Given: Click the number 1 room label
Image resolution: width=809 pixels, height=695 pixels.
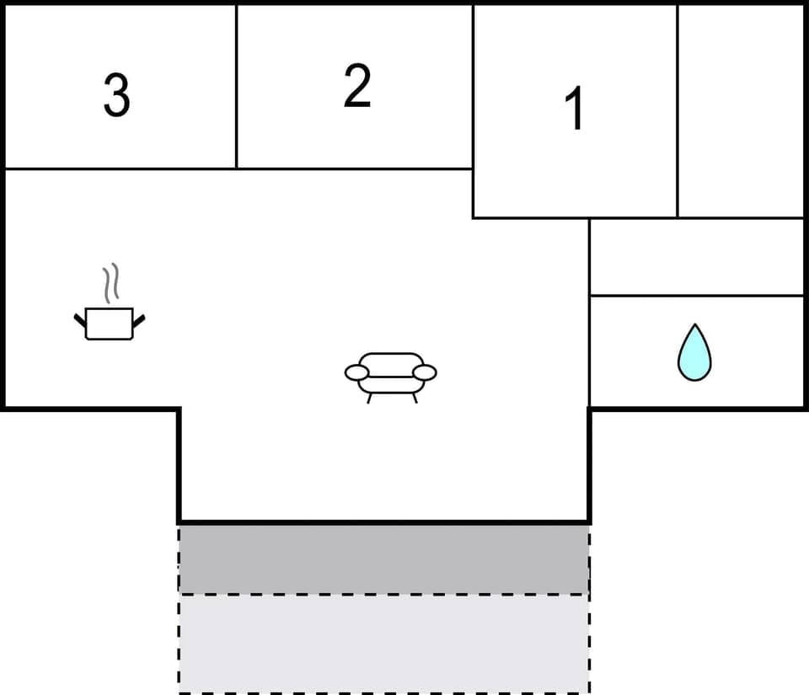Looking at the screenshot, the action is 576,110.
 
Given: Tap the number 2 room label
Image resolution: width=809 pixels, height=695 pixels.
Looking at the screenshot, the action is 357,86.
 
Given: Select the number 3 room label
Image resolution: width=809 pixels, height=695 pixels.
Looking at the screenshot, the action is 116,95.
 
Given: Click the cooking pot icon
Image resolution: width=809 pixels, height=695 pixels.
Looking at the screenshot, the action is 110,323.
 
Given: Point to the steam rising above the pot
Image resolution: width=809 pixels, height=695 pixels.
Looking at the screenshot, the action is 111,284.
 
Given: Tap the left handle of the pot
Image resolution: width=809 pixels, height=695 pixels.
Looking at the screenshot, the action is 80,319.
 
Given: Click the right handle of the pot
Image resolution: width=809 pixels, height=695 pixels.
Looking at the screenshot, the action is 139,319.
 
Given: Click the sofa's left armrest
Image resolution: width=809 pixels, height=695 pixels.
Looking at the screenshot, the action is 357,372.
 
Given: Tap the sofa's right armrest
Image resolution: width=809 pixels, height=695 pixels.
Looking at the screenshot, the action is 425,372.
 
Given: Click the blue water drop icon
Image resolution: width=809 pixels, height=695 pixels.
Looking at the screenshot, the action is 694,354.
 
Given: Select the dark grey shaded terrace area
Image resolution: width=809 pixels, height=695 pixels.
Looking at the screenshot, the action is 383,558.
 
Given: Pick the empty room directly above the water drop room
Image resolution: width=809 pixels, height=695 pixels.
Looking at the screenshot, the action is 696,257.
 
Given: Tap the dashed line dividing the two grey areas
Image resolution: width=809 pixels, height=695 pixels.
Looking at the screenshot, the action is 383,594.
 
